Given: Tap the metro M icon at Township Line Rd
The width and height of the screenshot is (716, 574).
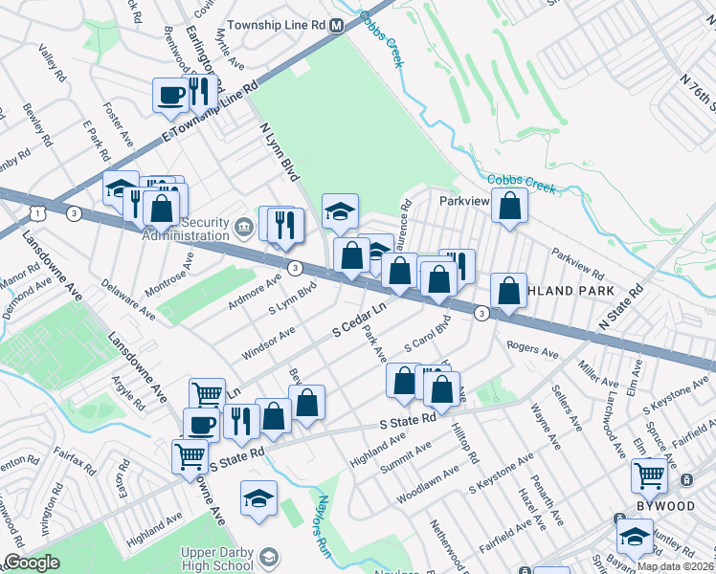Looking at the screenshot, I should coord(337,27).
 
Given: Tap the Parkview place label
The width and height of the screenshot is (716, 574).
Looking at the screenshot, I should coord(464,202).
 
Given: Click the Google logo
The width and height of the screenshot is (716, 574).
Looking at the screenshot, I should coord(31,563).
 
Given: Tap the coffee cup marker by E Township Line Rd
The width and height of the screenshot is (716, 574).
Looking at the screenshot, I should coord(170,95).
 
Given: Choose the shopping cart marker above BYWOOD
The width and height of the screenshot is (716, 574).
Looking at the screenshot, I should coord(650,474).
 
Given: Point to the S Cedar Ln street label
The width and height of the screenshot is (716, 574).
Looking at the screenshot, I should coord(358,321).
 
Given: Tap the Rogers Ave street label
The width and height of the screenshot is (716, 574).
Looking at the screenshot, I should coord(532,350).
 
